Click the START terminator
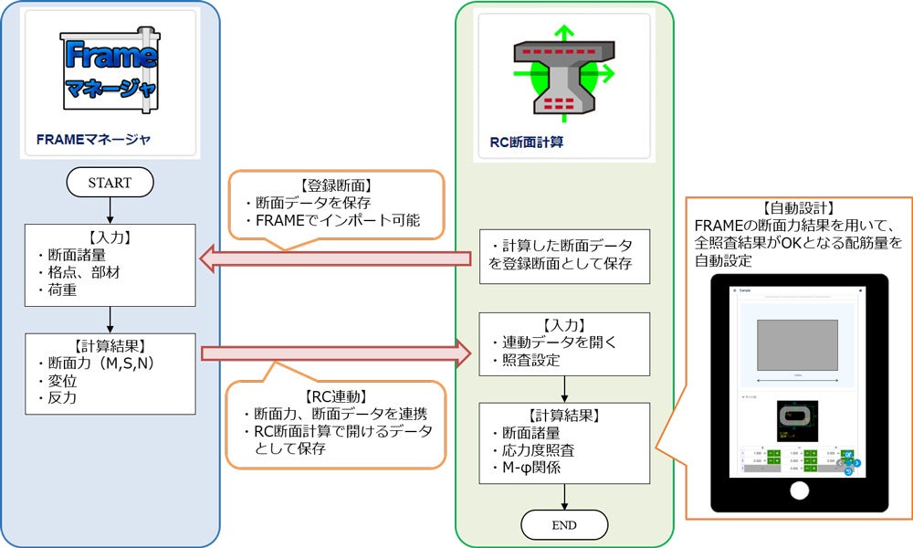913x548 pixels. [110, 183]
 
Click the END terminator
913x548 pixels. [564, 524]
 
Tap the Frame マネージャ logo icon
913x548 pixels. [110, 70]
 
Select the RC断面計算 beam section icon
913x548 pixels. [563, 78]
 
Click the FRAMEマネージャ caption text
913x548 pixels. [93, 140]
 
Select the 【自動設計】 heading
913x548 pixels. [797, 207]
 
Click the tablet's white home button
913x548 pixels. [799, 490]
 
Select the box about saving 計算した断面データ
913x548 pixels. [564, 257]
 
